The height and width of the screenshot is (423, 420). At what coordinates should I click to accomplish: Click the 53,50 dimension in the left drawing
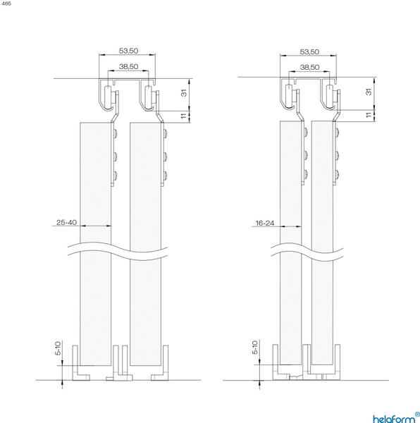128,51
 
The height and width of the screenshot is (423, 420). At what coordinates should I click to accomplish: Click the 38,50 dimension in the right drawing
309,67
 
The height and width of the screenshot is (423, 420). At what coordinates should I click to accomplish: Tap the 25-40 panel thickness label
66,222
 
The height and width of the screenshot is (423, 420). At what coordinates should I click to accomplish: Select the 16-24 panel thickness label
265,223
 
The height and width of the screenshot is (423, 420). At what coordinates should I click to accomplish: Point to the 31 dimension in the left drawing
184,93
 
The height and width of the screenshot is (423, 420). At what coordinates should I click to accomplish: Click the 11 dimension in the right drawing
369,114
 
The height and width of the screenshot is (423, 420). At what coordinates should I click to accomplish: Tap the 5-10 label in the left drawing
58,348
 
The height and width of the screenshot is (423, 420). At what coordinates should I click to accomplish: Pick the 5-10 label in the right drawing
255,347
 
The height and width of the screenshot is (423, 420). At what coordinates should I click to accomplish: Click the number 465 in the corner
6,4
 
